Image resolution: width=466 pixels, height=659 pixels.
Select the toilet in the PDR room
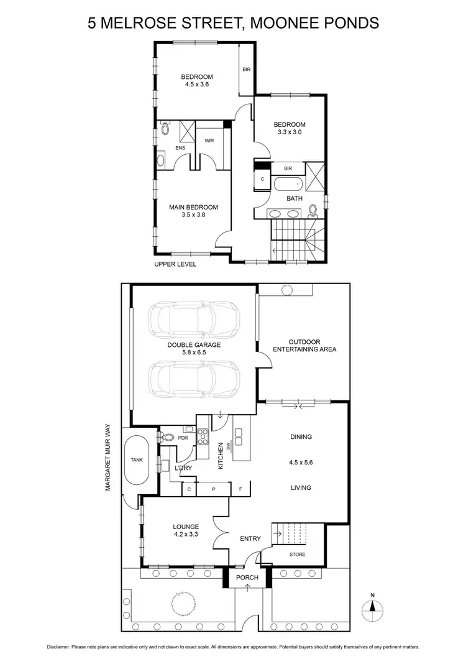(165, 437)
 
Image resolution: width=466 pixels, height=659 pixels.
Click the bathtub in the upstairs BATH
(288, 184)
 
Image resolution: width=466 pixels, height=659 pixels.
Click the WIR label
(209, 141)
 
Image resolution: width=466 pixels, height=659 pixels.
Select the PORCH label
(246, 578)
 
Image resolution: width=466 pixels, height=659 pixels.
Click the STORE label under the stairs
(298, 554)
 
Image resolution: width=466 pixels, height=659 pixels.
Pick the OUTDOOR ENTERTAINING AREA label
(304, 346)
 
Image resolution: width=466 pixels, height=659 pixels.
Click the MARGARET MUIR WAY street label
(107, 458)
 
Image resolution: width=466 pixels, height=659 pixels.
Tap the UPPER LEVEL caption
(175, 264)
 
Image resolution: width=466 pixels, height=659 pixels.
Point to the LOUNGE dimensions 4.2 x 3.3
(186, 534)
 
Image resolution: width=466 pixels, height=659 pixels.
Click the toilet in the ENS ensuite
(165, 129)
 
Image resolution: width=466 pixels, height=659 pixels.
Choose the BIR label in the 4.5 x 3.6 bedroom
(247, 69)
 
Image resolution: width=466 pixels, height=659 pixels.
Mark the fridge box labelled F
(240, 489)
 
